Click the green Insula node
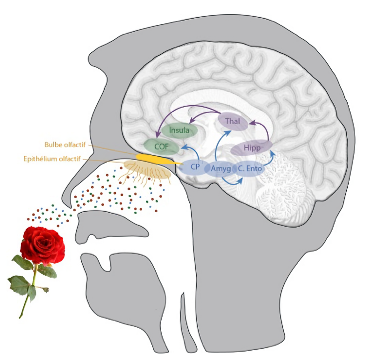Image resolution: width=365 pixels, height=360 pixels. tap(179, 130)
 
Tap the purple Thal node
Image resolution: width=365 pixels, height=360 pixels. tap(232, 122)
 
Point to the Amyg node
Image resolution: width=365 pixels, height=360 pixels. tap(221, 168)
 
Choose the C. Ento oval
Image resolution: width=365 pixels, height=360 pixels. tap(249, 168)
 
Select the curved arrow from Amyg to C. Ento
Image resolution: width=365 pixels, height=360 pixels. tap(232, 181)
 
